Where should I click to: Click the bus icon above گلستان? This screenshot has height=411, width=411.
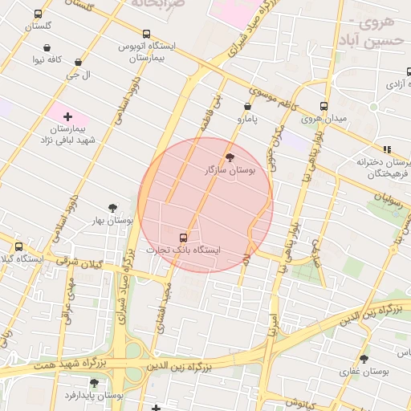pos(38,14)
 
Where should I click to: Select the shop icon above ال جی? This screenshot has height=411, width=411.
pos(78,61)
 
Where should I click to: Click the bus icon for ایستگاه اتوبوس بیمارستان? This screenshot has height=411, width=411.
pos(145,34)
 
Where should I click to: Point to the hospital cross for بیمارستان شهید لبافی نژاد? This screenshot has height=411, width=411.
pos(67,116)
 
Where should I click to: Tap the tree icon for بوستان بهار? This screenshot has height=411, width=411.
pos(112,207)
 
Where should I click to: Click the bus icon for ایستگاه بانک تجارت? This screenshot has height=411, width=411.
pos(183,237)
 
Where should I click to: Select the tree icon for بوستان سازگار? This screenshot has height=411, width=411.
pos(231,157)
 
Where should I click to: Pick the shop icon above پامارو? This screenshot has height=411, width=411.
pos(246,105)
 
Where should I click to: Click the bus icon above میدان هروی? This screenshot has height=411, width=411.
pos(324,106)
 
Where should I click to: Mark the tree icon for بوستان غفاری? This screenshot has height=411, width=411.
pos(364,359)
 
